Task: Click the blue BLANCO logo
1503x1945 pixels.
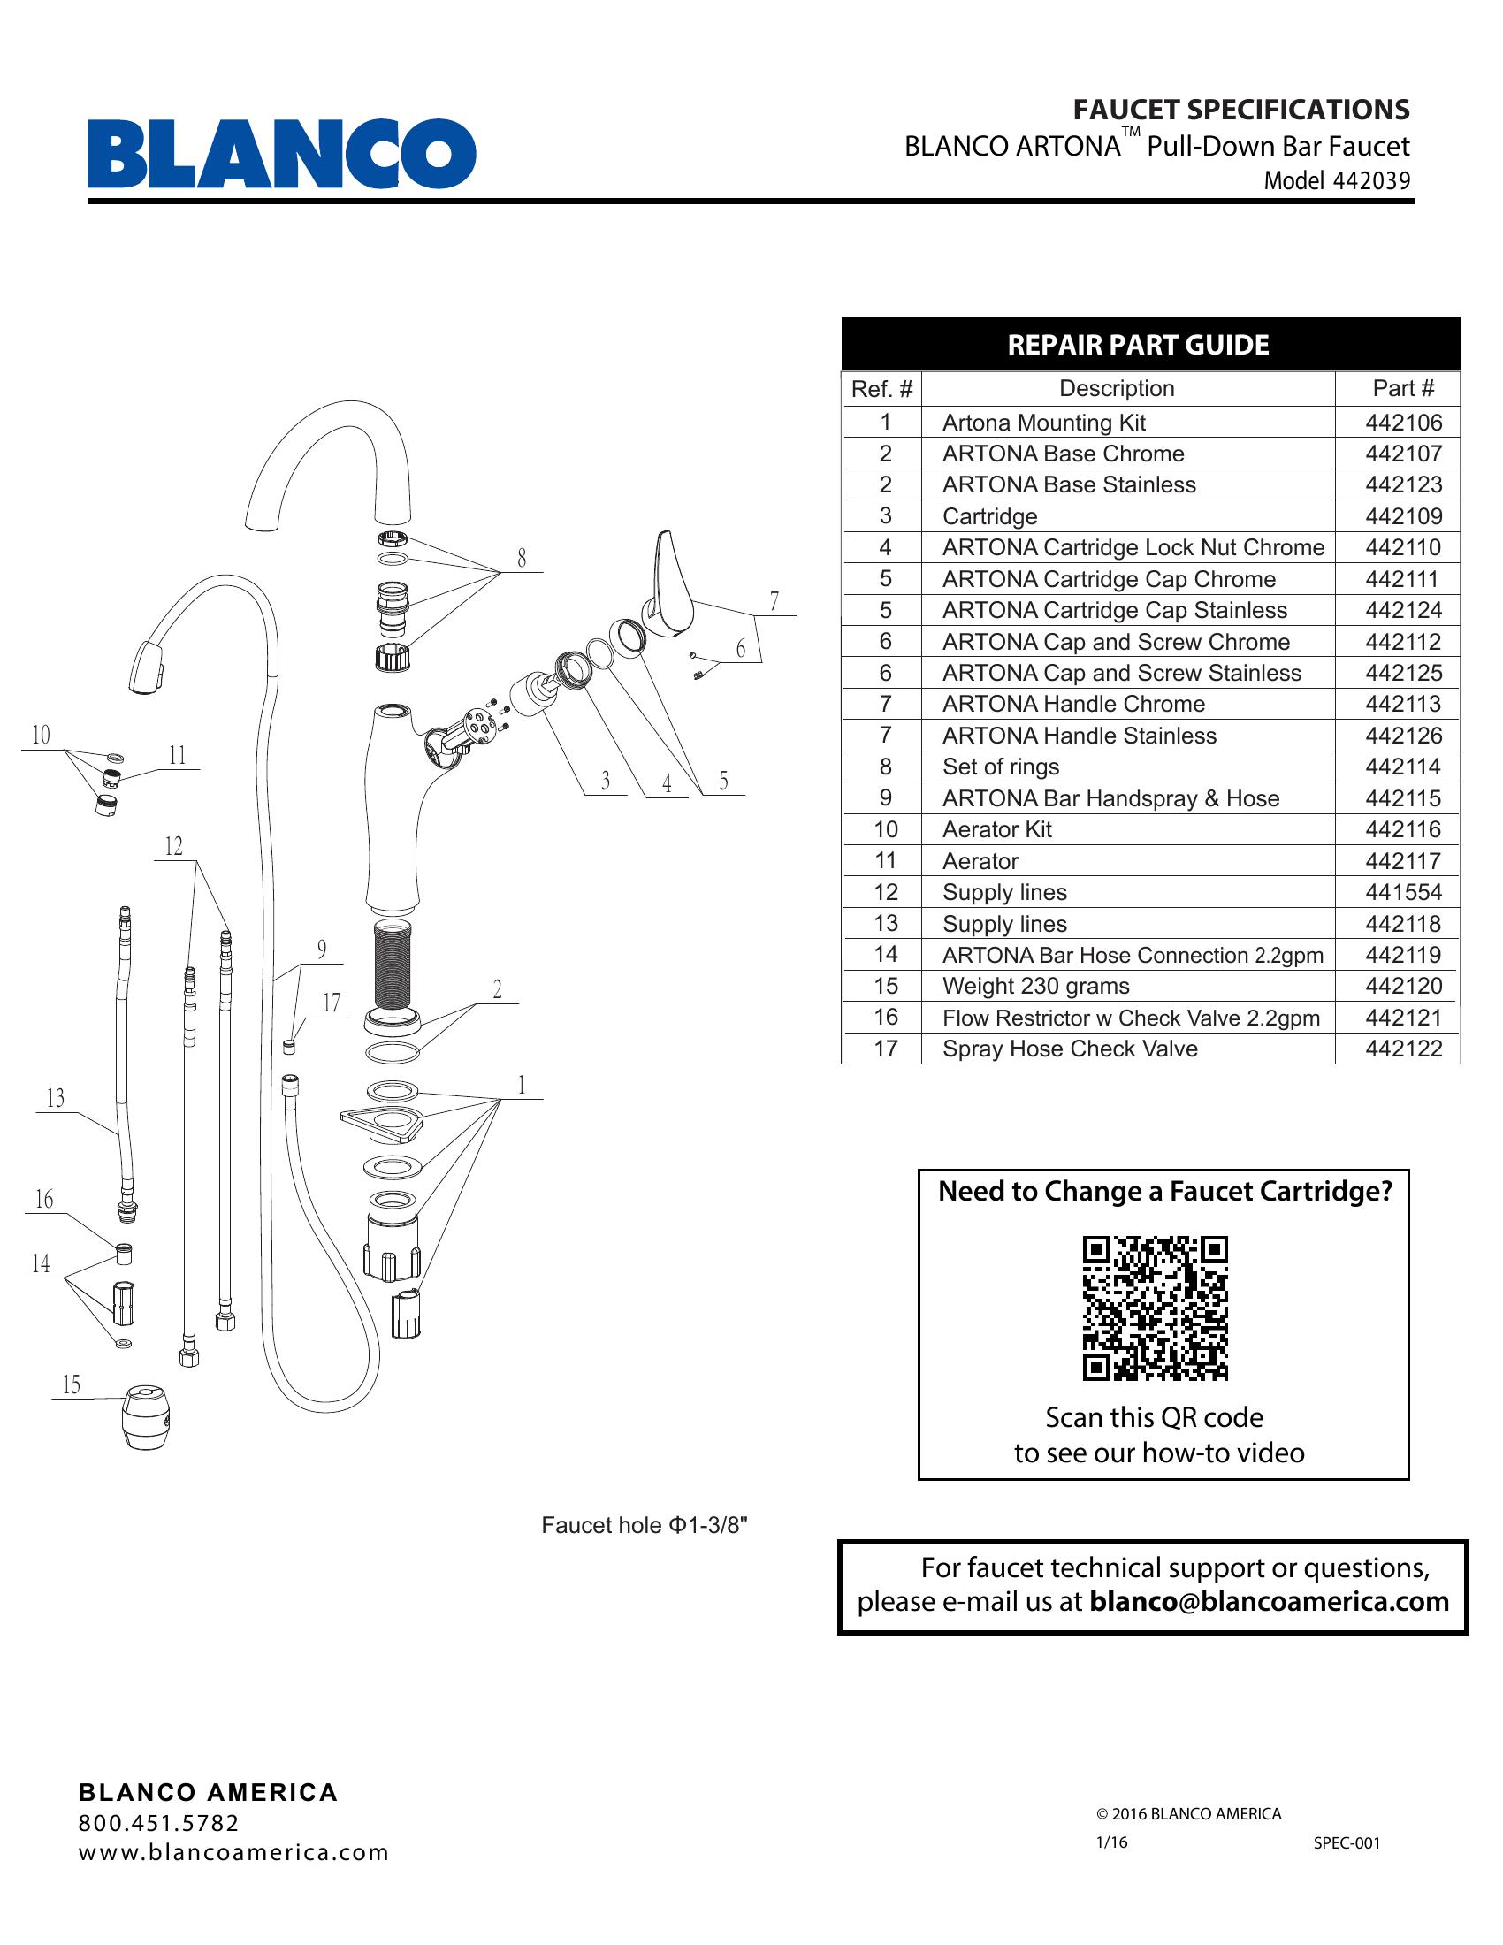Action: [281, 153]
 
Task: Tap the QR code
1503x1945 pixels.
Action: [1155, 1308]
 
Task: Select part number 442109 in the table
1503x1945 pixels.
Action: [1402, 516]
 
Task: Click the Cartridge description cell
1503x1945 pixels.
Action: [989, 516]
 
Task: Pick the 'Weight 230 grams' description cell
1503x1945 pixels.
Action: [1035, 986]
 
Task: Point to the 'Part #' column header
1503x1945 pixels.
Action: [1402, 388]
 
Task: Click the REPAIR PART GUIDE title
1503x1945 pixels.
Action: [1137, 345]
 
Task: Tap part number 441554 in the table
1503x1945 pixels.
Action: [1402, 892]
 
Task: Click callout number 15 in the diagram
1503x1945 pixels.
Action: [72, 1384]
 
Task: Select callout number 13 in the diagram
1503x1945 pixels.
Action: [55, 1098]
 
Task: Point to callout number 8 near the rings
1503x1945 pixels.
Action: [521, 559]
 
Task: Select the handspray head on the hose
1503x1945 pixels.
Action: [149, 665]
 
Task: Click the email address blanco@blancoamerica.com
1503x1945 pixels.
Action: [1268, 1602]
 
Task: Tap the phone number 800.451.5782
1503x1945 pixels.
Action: [158, 1823]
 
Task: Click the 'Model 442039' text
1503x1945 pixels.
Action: [1337, 180]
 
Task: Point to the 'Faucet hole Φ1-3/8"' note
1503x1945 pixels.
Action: [644, 1526]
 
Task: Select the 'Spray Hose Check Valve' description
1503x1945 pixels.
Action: [1070, 1049]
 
